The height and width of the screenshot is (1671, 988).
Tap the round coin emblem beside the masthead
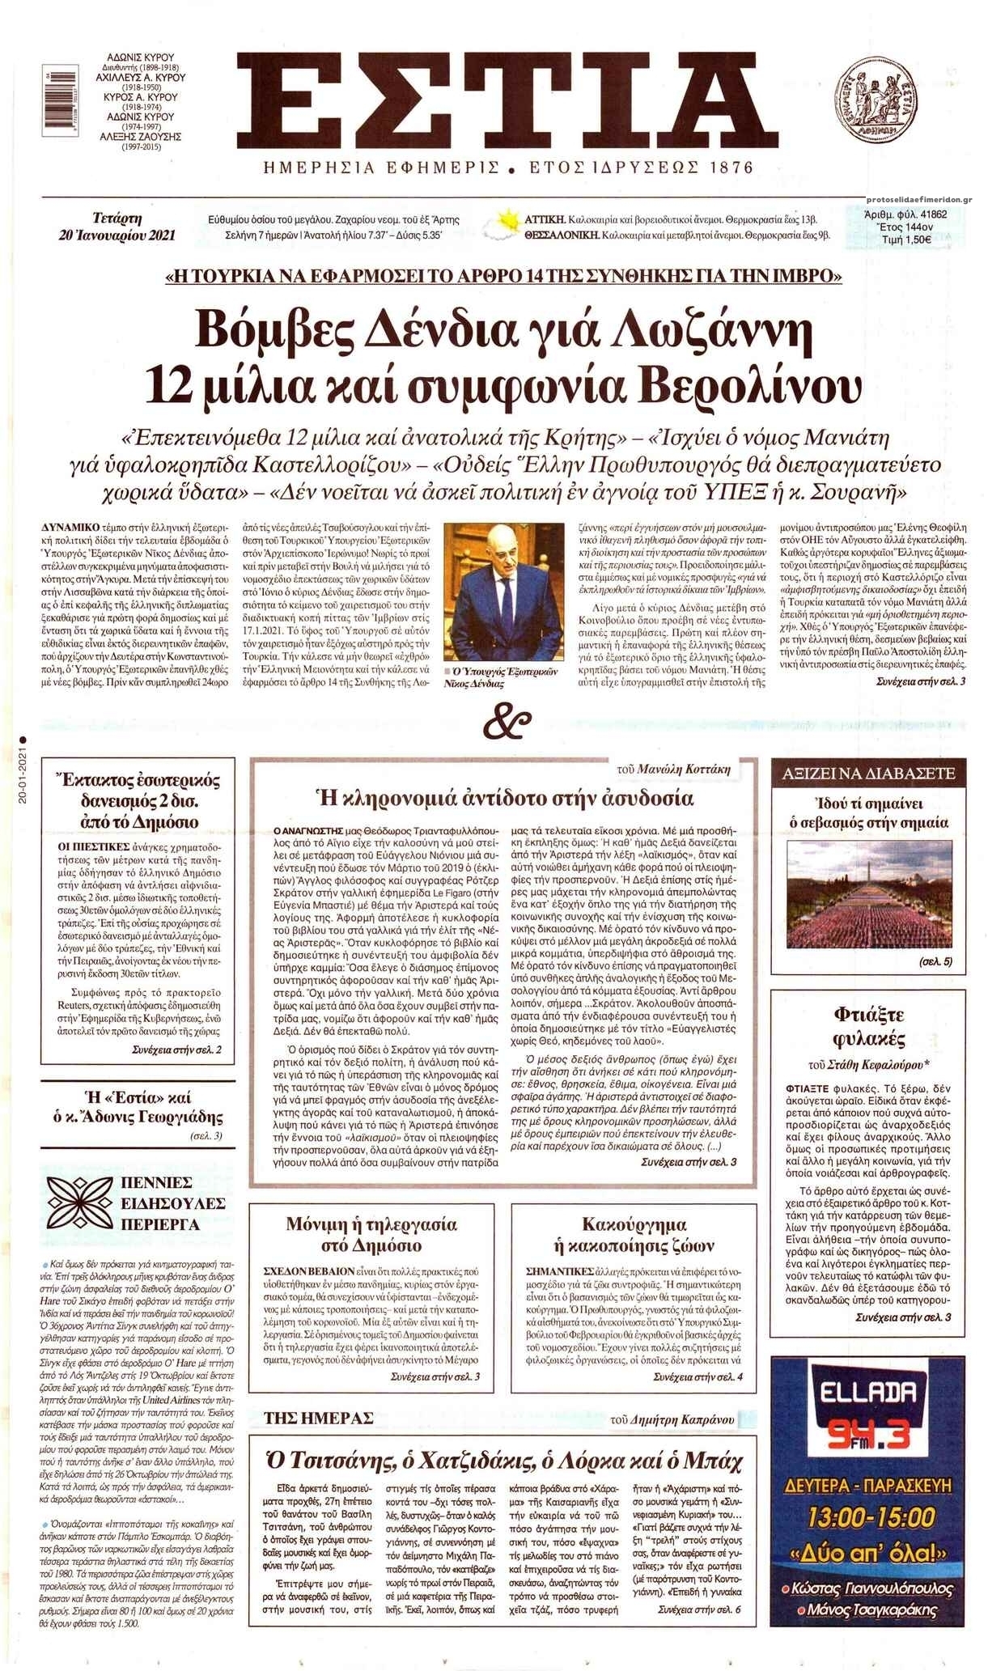point(883,101)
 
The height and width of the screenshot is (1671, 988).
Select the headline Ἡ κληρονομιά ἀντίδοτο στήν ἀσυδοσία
point(506,799)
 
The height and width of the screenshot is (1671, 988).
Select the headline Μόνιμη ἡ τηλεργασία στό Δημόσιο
point(371,1235)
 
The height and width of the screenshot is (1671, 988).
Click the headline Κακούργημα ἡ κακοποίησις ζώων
point(634,1235)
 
